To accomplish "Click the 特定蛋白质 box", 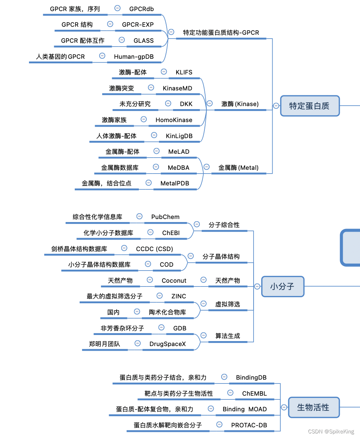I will click(309, 106).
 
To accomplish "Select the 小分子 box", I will click(283, 286).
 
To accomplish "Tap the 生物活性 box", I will click(313, 407).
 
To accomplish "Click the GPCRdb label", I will click(141, 9).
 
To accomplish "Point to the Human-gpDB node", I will click(133, 56).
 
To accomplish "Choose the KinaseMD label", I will click(177, 88).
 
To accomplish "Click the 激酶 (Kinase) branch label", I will click(240, 104).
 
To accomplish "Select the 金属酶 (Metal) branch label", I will click(238, 167).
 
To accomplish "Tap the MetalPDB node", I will click(175, 183).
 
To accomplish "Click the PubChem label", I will click(165, 217).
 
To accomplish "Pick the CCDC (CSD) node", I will click(154, 249).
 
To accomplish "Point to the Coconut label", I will click(174, 280).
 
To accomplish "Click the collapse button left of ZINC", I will click(160, 295).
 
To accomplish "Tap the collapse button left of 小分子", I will click(257, 286).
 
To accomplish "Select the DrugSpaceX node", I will click(168, 344).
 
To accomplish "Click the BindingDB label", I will click(251, 377).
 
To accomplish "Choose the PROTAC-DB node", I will click(249, 425).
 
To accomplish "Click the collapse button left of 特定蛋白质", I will click(276, 106).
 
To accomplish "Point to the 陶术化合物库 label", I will click(167, 312).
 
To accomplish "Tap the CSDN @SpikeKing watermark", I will click(331, 432).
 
